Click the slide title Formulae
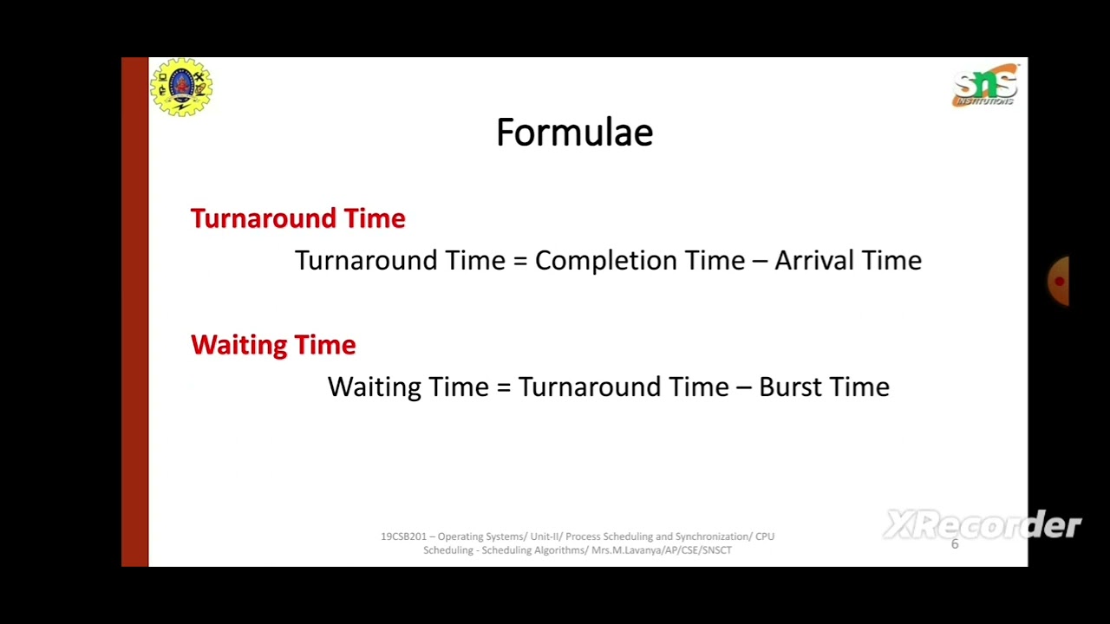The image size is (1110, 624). pyautogui.click(x=574, y=133)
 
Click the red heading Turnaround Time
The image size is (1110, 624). pyautogui.click(x=297, y=218)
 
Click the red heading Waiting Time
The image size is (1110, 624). pyautogui.click(x=272, y=345)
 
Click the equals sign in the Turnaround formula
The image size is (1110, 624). pyautogui.click(x=520, y=261)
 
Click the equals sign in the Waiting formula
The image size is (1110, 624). pyautogui.click(x=503, y=387)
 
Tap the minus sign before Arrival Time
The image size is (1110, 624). pyautogui.click(x=760, y=261)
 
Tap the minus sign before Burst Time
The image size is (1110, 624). pyautogui.click(x=743, y=387)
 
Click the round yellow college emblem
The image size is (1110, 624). pyautogui.click(x=181, y=87)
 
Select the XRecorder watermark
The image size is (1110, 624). pyautogui.click(x=982, y=524)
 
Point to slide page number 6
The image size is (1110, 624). pyautogui.click(x=955, y=544)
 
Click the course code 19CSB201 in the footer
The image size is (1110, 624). pyautogui.click(x=403, y=536)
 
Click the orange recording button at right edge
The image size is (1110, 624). pyautogui.click(x=1059, y=281)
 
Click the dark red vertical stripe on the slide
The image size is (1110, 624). pyautogui.click(x=134, y=312)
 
